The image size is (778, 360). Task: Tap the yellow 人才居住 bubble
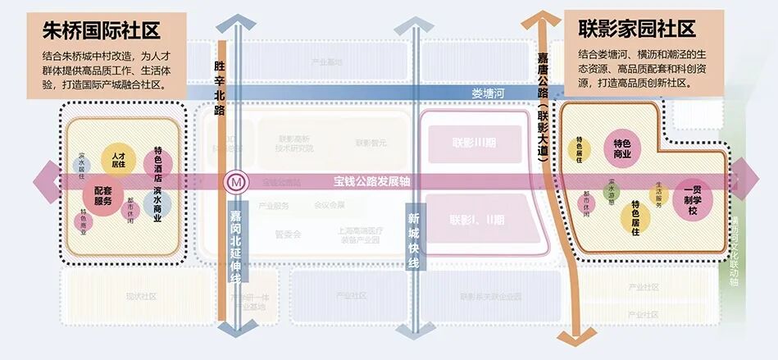pyautogui.click(x=118, y=160)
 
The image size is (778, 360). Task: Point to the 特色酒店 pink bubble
pyautogui.click(x=157, y=162)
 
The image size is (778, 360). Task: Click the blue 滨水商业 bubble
pyautogui.click(x=157, y=205)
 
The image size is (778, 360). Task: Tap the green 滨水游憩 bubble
pyautogui.click(x=611, y=193)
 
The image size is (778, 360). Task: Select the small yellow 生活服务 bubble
pyautogui.click(x=658, y=195)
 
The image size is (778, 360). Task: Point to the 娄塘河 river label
pyautogui.click(x=489, y=93)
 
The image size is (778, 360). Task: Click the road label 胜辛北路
pyautogui.click(x=220, y=87)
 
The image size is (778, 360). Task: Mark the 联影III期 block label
pyautogui.click(x=474, y=142)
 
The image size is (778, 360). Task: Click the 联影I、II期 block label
pyautogui.click(x=477, y=220)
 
